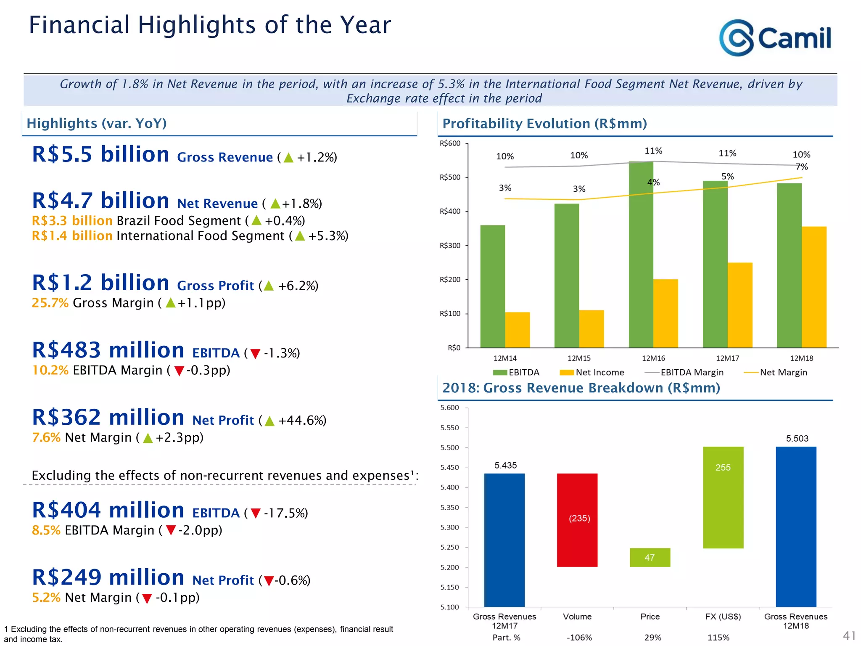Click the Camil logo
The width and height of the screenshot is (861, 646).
pyautogui.click(x=775, y=38)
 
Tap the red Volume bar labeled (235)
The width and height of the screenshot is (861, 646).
pyautogui.click(x=577, y=520)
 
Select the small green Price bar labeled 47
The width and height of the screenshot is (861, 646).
pyautogui.click(x=650, y=557)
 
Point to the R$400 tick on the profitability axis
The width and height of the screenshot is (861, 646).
pyautogui.click(x=450, y=211)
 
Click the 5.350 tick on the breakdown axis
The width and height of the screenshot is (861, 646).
pyautogui.click(x=449, y=508)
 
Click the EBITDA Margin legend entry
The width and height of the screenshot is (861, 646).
pyautogui.click(x=684, y=372)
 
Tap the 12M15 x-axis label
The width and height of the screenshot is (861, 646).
pyautogui.click(x=579, y=358)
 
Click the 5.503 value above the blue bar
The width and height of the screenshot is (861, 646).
pyautogui.click(x=797, y=439)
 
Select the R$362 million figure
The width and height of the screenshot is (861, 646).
pyautogui.click(x=108, y=418)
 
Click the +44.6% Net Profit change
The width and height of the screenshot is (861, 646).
pyautogui.click(x=302, y=421)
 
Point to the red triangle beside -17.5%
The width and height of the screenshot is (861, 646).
pyautogui.click(x=255, y=514)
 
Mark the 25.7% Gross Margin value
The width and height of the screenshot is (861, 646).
pyautogui.click(x=50, y=303)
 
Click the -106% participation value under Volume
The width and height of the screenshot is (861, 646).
pyautogui.click(x=579, y=638)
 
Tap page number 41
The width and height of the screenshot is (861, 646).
pyautogui.click(x=849, y=635)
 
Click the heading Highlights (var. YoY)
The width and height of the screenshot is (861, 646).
pyautogui.click(x=97, y=123)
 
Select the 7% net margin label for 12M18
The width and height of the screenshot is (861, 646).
pyautogui.click(x=802, y=167)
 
